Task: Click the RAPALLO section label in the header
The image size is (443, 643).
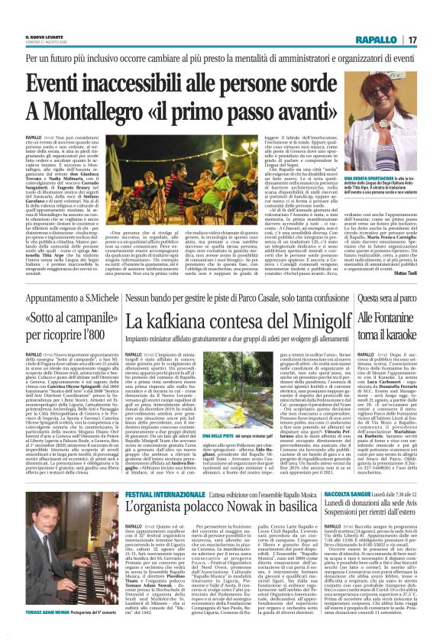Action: point(394,40)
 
